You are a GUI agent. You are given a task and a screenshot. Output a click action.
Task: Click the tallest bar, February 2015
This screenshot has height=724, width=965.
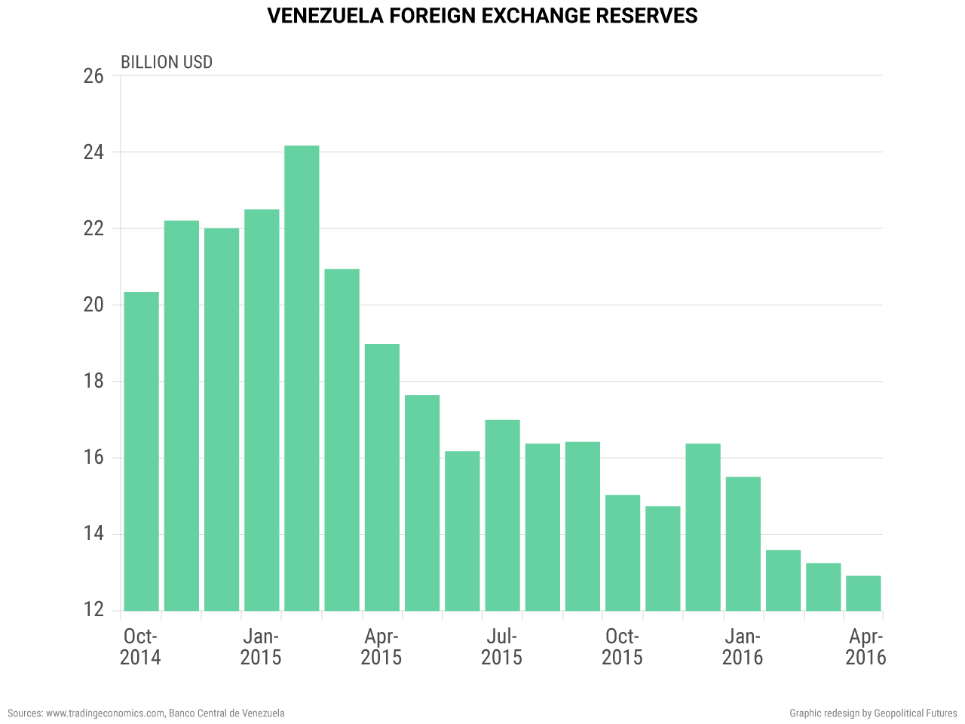pos(302,377)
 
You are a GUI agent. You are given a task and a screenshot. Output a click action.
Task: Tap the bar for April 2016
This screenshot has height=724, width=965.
pos(863,593)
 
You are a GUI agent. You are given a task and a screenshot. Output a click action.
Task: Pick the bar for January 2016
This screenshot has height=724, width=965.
pos(743,543)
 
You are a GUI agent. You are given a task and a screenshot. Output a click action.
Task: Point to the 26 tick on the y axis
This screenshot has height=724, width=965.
pos(93,76)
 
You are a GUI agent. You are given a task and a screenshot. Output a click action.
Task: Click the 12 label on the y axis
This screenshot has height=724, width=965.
pos(93,610)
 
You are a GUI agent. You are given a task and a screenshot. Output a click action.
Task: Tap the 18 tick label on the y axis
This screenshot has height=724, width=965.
pos(93,381)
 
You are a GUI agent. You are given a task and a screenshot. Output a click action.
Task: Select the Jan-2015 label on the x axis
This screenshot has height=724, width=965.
pos(261,646)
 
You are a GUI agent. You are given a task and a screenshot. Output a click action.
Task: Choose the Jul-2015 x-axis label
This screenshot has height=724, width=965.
pos(501,646)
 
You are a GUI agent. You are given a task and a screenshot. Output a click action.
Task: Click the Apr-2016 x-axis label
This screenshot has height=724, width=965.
pos(865,646)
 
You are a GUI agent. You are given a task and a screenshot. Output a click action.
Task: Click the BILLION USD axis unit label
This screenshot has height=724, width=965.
pos(167,62)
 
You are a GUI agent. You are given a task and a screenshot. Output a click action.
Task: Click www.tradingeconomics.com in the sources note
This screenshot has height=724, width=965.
pos(105,713)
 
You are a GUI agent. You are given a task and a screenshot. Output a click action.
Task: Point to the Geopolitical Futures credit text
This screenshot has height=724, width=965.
pos(916,713)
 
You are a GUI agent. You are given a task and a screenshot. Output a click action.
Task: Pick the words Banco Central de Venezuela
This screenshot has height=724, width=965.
pos(226,713)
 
